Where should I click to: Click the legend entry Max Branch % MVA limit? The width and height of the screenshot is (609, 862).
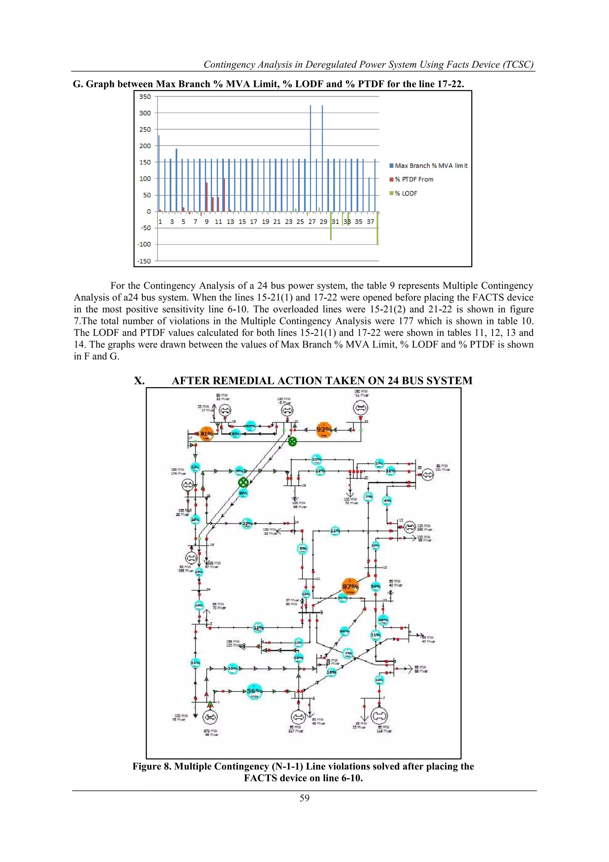tap(431, 166)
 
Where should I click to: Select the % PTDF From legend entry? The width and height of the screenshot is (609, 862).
tap(414, 180)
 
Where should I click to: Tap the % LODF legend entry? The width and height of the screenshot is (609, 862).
tap(405, 193)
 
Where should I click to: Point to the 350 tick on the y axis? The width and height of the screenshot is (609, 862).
tap(145, 96)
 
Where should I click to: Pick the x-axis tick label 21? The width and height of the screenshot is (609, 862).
tap(277, 222)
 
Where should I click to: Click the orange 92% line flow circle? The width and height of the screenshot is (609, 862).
tap(324, 429)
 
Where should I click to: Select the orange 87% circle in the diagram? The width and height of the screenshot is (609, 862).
tap(350, 587)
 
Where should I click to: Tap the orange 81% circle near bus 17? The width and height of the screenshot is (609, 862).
tap(206, 434)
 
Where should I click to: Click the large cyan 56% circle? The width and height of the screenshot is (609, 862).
tap(254, 691)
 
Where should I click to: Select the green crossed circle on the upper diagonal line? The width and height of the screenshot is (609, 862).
tap(292, 442)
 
